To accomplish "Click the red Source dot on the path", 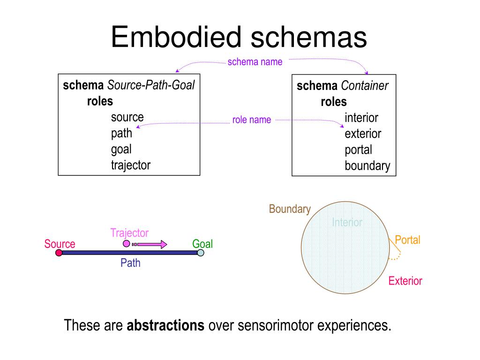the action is tap(59, 253).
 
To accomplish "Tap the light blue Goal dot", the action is tap(201, 253).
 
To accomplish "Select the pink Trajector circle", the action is tap(126, 244).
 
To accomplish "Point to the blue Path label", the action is tap(130, 263).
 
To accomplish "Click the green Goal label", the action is tap(202, 244).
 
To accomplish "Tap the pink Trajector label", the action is tap(129, 233).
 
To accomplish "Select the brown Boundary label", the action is tap(290, 209).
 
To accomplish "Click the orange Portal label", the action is tap(407, 240).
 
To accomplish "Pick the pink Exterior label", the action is tap(405, 281).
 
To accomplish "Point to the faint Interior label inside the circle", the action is tap(347, 222).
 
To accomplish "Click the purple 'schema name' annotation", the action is tap(255, 62).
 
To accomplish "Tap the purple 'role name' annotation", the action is tap(252, 120).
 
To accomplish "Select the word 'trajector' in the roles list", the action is tap(131, 165).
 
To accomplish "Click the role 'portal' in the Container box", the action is tap(359, 150).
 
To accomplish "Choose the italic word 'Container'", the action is tap(365, 86).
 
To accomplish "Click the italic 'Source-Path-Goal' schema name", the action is tap(151, 85).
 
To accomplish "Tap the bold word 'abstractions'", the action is tap(165, 325).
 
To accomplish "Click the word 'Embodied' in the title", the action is tap(176, 37).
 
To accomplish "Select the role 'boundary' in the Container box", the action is tap(367, 166).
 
